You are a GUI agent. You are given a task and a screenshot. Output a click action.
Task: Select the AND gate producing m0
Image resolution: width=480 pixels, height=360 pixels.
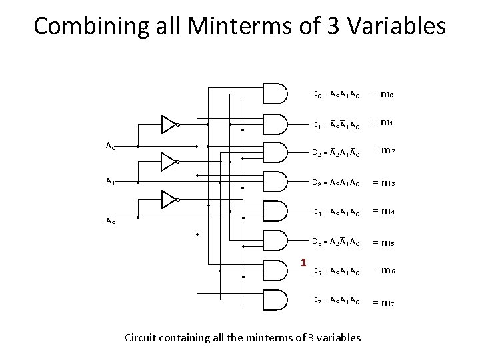click(x=275, y=94)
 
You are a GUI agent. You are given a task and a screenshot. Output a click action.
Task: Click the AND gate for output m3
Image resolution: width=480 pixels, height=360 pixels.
click(x=275, y=182)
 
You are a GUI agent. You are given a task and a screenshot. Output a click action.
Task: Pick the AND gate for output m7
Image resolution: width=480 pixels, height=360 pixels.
click(x=275, y=300)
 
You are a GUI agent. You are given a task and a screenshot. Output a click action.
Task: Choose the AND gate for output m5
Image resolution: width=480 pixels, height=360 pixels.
click(x=275, y=241)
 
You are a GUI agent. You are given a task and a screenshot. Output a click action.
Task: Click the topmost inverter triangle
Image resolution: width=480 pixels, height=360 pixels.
click(x=168, y=124)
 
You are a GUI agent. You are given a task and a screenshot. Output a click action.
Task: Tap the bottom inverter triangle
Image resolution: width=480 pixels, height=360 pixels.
click(x=168, y=199)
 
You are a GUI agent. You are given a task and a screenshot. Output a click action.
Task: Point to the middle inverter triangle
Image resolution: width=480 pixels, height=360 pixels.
click(x=168, y=161)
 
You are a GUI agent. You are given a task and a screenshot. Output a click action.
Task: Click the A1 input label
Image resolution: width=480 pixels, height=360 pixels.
click(x=110, y=181)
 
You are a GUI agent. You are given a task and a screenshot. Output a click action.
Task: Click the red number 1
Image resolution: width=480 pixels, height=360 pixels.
click(x=303, y=263)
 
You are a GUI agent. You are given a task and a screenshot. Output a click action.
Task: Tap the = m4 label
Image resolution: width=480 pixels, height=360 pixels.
click(x=383, y=211)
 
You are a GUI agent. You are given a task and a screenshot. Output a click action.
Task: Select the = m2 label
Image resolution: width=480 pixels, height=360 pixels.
click(x=383, y=153)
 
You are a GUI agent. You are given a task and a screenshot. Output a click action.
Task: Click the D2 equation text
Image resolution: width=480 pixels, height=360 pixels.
click(x=337, y=153)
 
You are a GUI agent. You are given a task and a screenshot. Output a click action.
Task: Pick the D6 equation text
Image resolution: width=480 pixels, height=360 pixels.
click(x=337, y=271)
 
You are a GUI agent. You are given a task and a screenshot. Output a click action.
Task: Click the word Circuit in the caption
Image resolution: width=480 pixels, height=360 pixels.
click(x=142, y=337)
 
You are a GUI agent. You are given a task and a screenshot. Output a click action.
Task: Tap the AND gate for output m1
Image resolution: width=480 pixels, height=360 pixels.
click(x=275, y=123)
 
